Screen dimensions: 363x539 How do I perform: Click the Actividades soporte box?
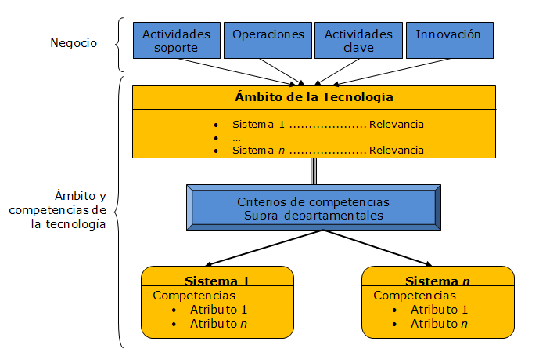click(x=177, y=41)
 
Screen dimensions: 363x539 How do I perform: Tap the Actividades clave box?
click(x=358, y=41)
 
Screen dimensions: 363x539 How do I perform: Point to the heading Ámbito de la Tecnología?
click(x=314, y=98)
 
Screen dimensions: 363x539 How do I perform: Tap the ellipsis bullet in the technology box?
click(x=236, y=137)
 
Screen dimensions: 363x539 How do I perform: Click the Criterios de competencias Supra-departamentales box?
click(x=313, y=208)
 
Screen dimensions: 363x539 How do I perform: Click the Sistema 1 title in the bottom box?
click(x=217, y=281)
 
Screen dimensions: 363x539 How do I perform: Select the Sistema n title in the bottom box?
click(x=437, y=281)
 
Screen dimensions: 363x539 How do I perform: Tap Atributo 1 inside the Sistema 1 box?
click(x=218, y=310)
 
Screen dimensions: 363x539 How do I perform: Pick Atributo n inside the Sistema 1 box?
click(x=218, y=323)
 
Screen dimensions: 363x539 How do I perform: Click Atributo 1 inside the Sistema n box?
click(x=439, y=310)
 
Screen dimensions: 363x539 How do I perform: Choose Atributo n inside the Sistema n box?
click(x=439, y=323)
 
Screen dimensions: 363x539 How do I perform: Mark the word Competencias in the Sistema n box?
click(x=415, y=296)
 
